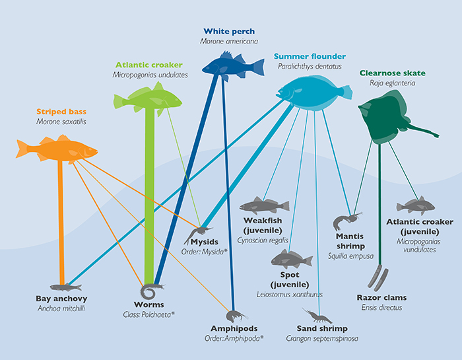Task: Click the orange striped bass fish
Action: (x=57, y=149)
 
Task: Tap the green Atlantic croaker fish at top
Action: (x=148, y=99)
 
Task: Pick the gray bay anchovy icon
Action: (x=66, y=287)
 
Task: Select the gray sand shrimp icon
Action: (x=317, y=316)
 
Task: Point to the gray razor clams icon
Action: (x=378, y=277)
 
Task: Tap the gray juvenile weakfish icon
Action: (x=264, y=206)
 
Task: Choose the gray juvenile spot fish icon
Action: (x=292, y=259)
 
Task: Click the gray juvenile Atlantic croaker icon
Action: (x=416, y=205)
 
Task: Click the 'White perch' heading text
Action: (x=229, y=31)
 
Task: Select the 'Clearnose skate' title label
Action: (x=393, y=73)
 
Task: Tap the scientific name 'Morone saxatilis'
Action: (x=61, y=122)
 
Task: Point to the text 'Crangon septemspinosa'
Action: (x=322, y=338)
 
